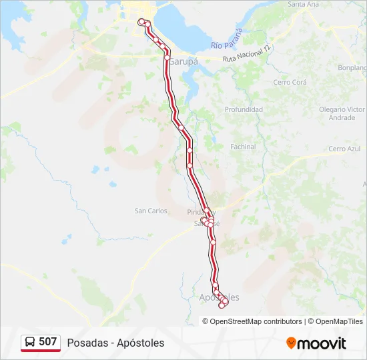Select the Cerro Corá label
[290, 83]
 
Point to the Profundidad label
[244, 109]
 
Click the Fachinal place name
[243, 147]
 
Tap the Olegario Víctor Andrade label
[342, 113]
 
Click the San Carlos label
[151, 211]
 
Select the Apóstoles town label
[220, 297]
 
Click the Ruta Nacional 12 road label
[248, 54]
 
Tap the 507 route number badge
[47, 342]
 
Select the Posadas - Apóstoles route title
[115, 343]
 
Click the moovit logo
[316, 343]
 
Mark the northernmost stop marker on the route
[141, 22]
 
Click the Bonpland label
[354, 67]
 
